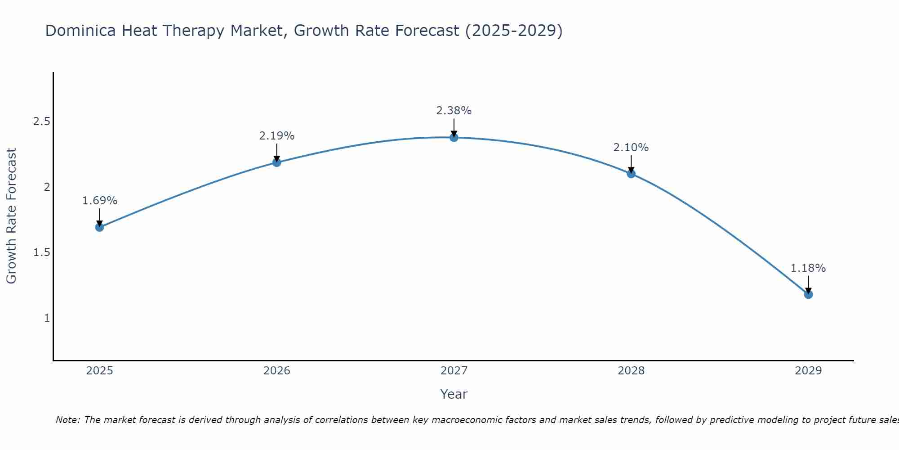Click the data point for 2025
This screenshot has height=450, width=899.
[x=99, y=227]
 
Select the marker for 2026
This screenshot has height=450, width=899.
[x=277, y=162]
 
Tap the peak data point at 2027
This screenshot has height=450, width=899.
[x=454, y=137]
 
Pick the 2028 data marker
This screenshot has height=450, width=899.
[x=631, y=174]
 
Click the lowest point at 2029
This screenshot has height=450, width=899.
[x=808, y=294]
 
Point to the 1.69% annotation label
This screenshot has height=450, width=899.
[x=99, y=201]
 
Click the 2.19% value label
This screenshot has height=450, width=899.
[x=277, y=136]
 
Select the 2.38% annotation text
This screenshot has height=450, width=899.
[x=454, y=111]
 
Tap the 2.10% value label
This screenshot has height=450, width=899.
[x=631, y=148]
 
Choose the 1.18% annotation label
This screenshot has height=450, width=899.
[x=808, y=268]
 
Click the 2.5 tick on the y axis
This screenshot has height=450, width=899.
[x=41, y=121]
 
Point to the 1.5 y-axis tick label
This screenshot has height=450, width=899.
[x=41, y=252]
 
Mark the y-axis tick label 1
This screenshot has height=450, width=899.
[x=47, y=318]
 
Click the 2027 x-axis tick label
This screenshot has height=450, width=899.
[x=454, y=371]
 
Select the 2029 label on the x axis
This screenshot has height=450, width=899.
[x=808, y=371]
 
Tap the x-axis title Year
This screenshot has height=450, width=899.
[x=454, y=394]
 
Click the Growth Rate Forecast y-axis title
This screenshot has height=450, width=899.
[x=11, y=216]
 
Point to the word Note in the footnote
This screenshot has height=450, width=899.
[x=67, y=420]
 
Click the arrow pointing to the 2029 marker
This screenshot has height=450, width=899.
[x=808, y=284]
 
